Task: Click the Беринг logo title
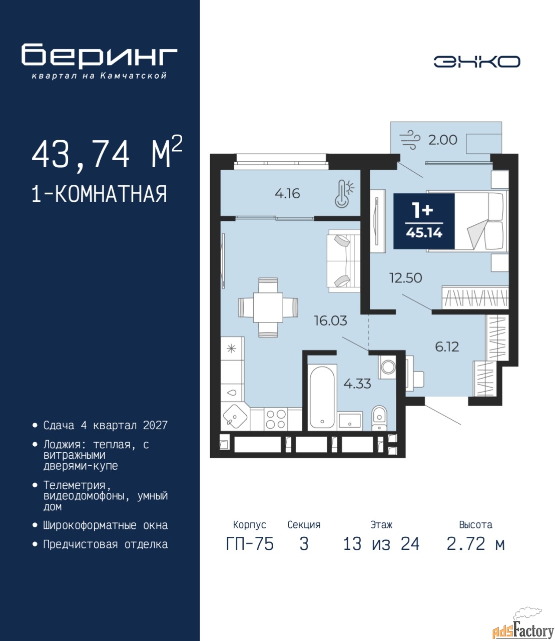tap(99, 56)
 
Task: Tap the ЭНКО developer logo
tap(476, 62)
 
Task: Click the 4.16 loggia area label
tap(287, 194)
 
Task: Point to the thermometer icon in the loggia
tap(344, 193)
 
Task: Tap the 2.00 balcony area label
tap(442, 140)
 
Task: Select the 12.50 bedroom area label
tap(406, 278)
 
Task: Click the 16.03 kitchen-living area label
tap(331, 320)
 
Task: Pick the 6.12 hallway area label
tap(447, 347)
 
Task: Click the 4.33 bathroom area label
tap(357, 384)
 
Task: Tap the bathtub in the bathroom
tap(322, 397)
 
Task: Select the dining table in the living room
tap(268, 307)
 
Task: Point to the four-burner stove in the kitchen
tap(276, 419)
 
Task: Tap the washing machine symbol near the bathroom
tap(387, 368)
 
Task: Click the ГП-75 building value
tap(249, 544)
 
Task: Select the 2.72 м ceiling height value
tap(475, 544)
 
